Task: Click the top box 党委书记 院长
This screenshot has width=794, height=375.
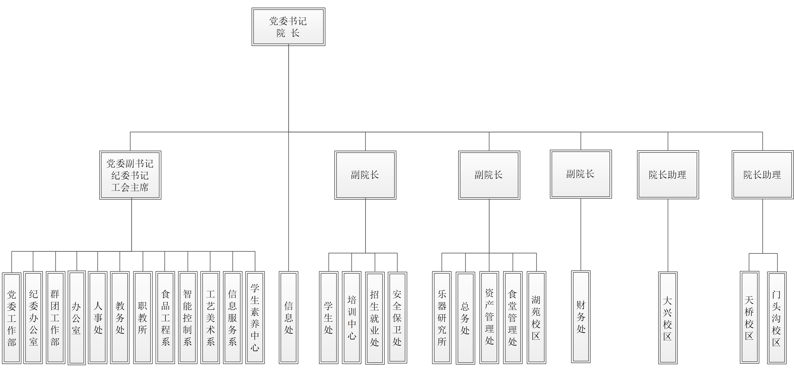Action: (x=288, y=27)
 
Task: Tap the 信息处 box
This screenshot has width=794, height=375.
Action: (x=288, y=317)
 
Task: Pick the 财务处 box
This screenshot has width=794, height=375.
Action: (x=581, y=317)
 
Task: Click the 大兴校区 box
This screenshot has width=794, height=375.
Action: (x=668, y=318)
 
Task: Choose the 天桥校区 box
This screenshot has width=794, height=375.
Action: (x=749, y=317)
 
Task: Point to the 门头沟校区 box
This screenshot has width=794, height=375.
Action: (x=776, y=318)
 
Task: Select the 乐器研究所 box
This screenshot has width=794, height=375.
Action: (x=442, y=317)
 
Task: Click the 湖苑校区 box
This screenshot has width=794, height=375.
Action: (x=536, y=317)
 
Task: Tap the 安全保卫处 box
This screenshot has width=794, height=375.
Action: (x=397, y=317)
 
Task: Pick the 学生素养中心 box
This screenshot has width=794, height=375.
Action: (x=255, y=317)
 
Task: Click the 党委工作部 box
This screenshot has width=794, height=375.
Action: (x=12, y=318)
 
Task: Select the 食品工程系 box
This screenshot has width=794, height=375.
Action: (x=165, y=317)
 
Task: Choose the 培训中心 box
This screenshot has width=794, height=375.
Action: (x=352, y=317)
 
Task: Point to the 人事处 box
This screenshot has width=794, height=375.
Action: (x=98, y=317)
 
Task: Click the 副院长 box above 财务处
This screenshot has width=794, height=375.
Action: (x=581, y=174)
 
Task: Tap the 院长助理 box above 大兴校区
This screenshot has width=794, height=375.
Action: (x=668, y=175)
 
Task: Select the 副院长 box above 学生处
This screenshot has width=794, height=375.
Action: (x=365, y=175)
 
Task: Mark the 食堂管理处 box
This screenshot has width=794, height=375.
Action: (x=513, y=317)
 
